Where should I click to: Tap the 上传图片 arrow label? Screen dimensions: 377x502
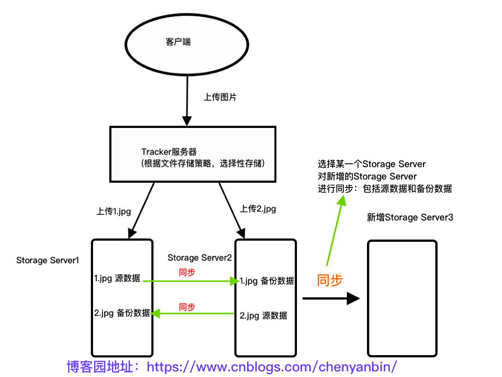(x=220, y=97)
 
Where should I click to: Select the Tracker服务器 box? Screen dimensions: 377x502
(x=193, y=154)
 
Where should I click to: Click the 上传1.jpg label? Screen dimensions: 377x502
(x=114, y=212)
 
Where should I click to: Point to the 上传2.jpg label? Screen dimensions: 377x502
(x=258, y=209)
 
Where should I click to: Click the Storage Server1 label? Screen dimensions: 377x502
(x=48, y=260)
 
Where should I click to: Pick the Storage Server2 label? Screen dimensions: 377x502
(x=199, y=258)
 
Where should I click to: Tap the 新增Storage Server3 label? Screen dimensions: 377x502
(x=410, y=217)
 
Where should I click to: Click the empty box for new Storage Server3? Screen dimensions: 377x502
(x=402, y=298)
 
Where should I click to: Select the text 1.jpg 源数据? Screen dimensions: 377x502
(x=117, y=278)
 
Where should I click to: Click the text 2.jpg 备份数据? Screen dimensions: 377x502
(x=122, y=313)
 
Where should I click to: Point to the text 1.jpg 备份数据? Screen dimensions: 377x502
(x=267, y=281)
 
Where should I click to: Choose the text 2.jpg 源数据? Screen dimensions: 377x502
(x=263, y=315)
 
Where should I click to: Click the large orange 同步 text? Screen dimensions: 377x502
(x=329, y=280)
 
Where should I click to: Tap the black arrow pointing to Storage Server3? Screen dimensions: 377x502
(x=331, y=298)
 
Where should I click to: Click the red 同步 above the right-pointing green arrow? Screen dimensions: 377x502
(x=187, y=273)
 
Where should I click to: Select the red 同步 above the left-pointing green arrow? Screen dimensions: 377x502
(x=187, y=307)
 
